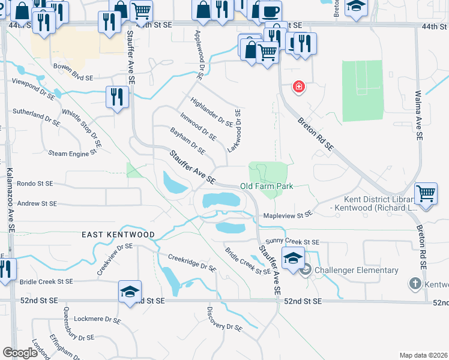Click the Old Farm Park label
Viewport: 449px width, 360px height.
click(x=267, y=186)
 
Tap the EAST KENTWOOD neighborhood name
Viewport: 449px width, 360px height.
click(x=118, y=235)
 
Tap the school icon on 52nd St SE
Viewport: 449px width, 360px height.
click(x=130, y=292)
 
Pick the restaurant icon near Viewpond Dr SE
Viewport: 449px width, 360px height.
click(x=116, y=97)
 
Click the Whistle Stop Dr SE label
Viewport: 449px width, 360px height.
click(x=82, y=130)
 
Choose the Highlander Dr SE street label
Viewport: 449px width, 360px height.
click(x=211, y=112)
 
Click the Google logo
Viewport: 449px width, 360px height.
click(x=20, y=353)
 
